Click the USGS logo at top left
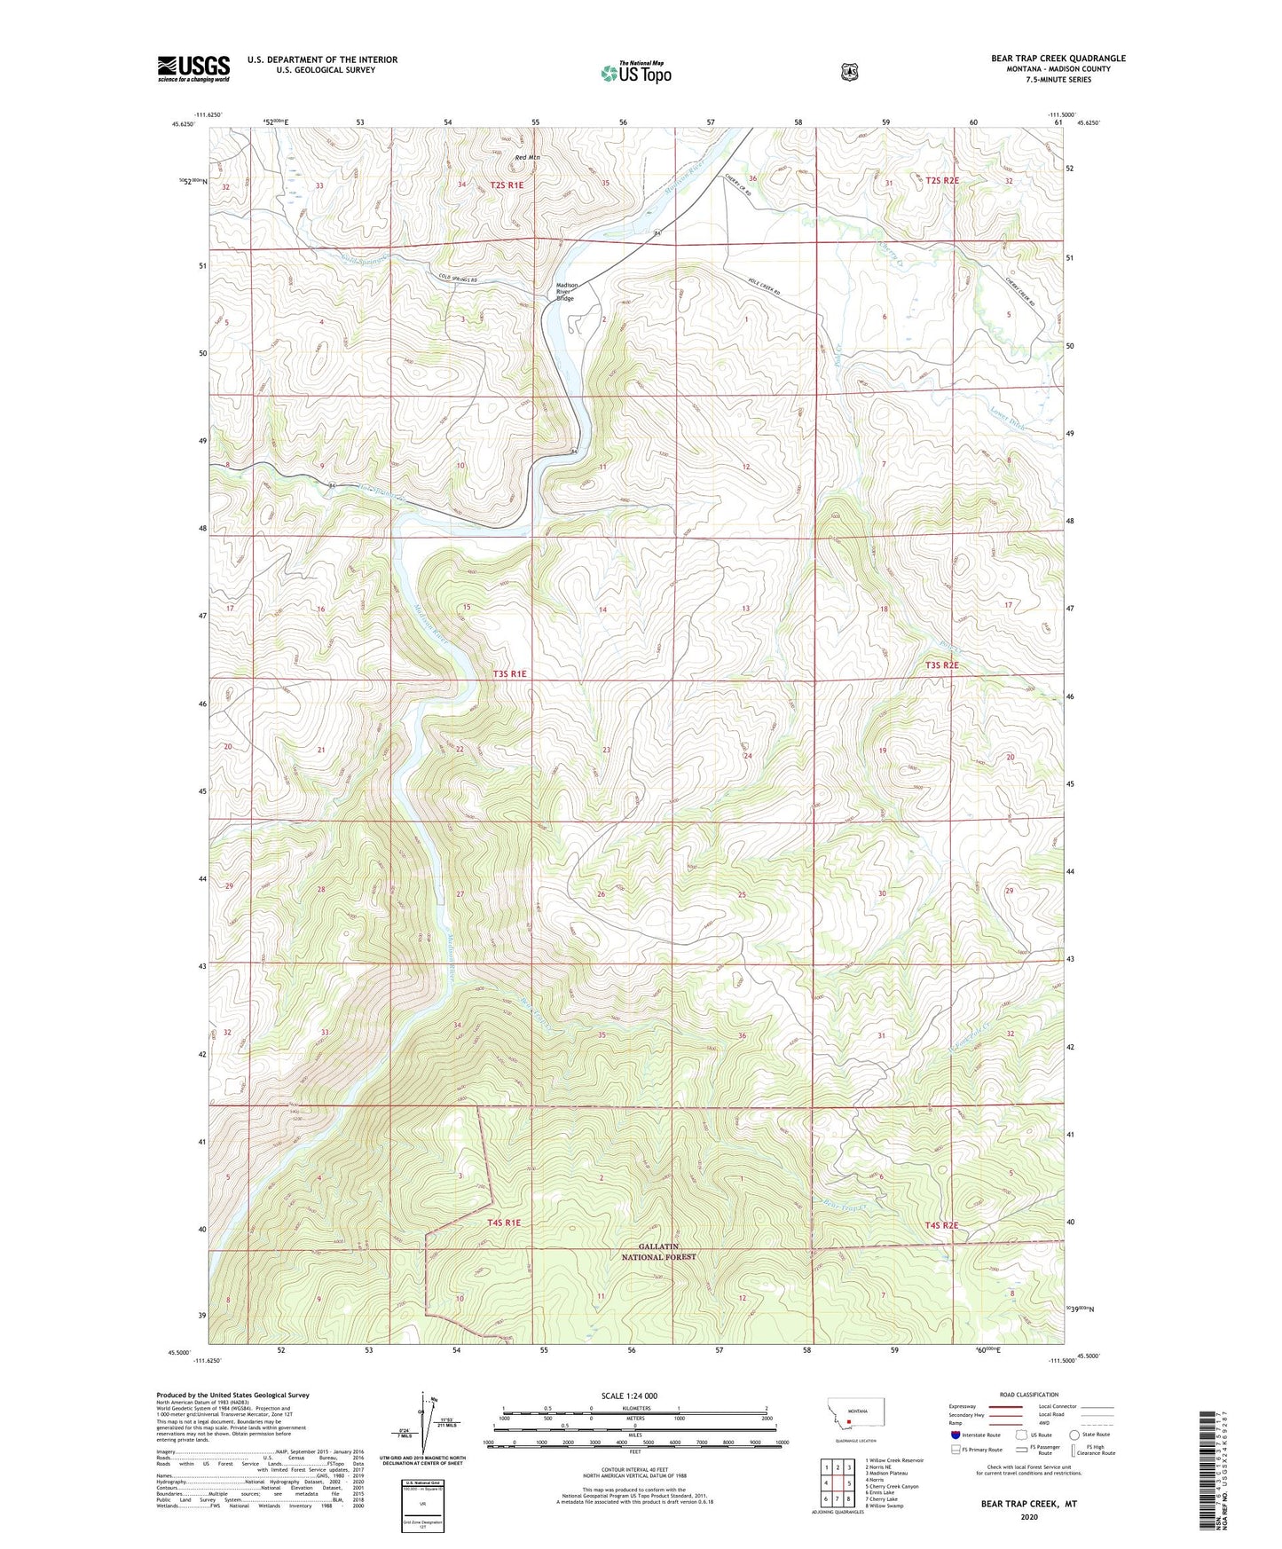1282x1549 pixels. pos(193,68)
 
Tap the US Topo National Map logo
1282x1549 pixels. pos(634,72)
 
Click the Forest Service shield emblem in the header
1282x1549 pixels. pos(849,71)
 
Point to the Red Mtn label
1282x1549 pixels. pos(527,158)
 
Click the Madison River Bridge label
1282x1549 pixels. pos(566,292)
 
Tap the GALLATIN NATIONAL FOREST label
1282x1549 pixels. pos(657,1252)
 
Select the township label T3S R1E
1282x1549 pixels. pos(509,674)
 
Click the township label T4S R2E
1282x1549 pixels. pos(941,1225)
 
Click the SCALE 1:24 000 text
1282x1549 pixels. pos(629,1396)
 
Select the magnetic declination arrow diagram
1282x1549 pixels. pos(422,1432)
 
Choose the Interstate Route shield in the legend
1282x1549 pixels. pos(954,1434)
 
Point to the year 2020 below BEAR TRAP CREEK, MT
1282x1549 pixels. pos(1028,1516)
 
